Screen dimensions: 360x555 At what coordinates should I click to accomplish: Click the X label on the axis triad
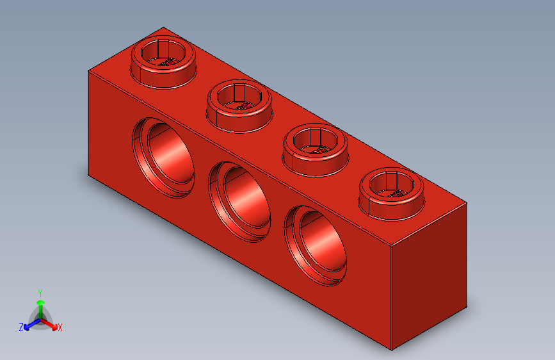pos(60,327)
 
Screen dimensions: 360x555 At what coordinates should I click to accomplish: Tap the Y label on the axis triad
pos(40,291)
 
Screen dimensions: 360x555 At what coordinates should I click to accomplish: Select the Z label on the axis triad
pos(20,327)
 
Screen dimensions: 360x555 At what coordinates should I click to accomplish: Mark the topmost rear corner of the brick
pos(163,28)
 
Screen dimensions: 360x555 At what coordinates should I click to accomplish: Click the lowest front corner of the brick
pos(391,350)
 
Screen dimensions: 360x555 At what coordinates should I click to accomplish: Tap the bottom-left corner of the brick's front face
pos(88,175)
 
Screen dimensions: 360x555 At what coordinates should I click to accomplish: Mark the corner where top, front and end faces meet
pos(391,247)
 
